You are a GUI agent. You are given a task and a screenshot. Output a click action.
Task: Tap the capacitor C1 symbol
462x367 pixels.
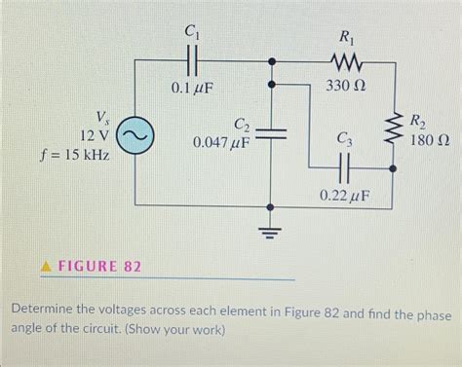(192, 60)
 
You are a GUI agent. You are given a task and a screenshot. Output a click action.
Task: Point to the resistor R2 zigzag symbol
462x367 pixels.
(395, 126)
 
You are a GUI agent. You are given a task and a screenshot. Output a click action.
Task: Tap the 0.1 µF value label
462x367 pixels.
(192, 89)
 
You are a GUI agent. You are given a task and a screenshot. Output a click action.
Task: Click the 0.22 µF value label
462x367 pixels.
(344, 197)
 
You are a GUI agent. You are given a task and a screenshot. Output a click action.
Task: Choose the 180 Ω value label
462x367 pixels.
(430, 142)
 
